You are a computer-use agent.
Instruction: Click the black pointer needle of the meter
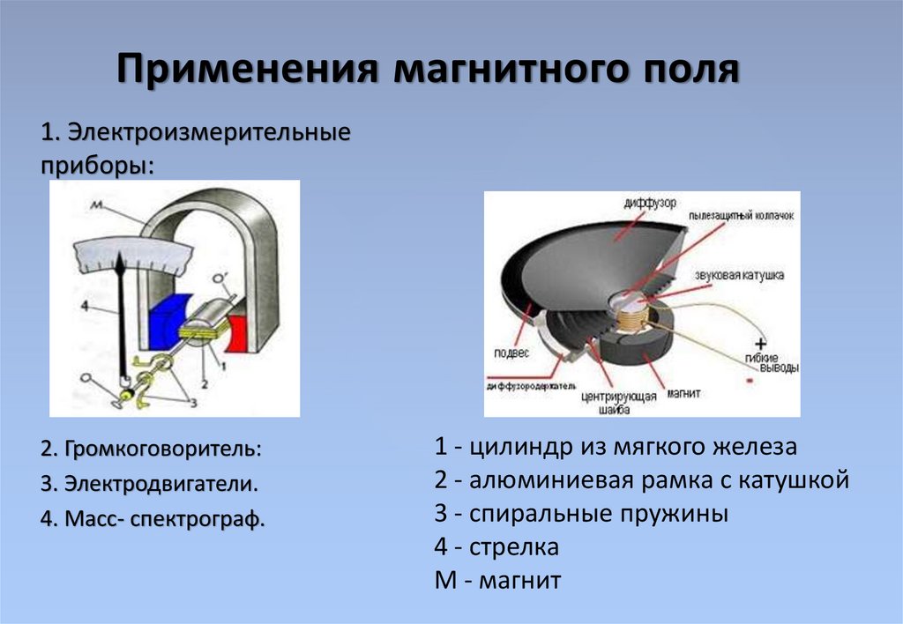124,317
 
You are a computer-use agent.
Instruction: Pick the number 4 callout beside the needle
82,307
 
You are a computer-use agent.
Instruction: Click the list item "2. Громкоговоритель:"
151,449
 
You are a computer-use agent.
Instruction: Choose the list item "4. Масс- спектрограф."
153,519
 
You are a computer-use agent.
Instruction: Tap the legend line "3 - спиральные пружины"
581,514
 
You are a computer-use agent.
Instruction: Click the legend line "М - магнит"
497,581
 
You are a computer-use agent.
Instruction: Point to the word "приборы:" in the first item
96,166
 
